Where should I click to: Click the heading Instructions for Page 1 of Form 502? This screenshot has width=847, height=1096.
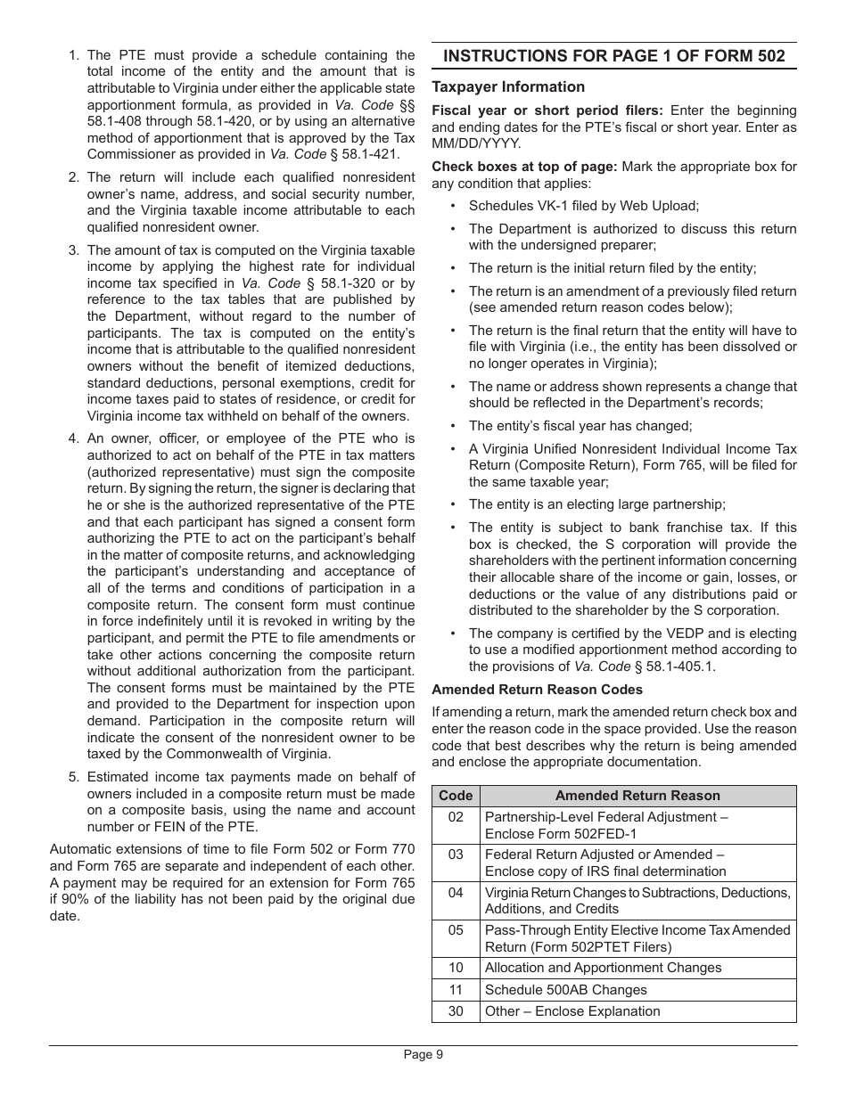point(613,56)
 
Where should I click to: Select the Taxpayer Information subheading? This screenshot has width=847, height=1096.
point(508,87)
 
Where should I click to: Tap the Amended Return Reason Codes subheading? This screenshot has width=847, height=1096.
point(537,690)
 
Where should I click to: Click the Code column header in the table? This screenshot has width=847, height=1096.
point(456,796)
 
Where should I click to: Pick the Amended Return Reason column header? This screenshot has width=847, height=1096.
point(637,796)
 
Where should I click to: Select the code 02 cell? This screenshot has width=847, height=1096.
point(456,817)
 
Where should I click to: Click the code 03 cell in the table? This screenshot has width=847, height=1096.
point(456,855)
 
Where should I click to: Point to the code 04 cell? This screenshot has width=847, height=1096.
point(456,893)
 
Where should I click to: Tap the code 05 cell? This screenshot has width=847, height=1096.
point(456,930)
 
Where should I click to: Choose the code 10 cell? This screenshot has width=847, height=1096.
point(456,968)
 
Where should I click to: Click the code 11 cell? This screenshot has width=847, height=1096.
point(456,990)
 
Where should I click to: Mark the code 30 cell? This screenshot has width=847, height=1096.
point(456,1011)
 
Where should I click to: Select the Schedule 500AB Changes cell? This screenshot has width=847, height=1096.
point(565,990)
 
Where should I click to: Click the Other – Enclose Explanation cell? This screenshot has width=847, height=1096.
point(572,1011)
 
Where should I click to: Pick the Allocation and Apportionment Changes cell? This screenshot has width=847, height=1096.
point(603,968)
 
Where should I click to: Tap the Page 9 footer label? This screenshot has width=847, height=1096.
point(423,1054)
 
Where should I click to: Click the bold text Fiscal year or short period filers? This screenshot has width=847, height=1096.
point(547,110)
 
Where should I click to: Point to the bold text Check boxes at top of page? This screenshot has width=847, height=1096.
point(524,167)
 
